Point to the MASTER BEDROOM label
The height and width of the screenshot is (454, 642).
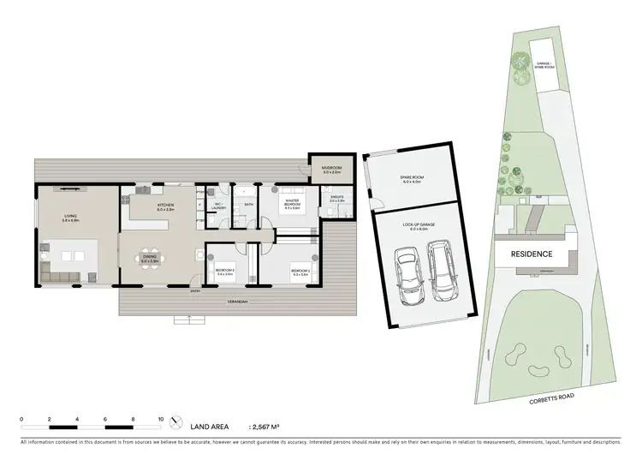[293, 204]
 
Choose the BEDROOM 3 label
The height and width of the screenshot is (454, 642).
[225, 271]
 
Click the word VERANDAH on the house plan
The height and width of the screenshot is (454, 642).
[225, 302]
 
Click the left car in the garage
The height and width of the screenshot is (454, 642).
[407, 274]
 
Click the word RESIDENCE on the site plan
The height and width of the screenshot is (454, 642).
[532, 254]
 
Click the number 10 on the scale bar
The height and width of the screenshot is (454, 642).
[161, 420]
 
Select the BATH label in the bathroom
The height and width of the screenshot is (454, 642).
[248, 205]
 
